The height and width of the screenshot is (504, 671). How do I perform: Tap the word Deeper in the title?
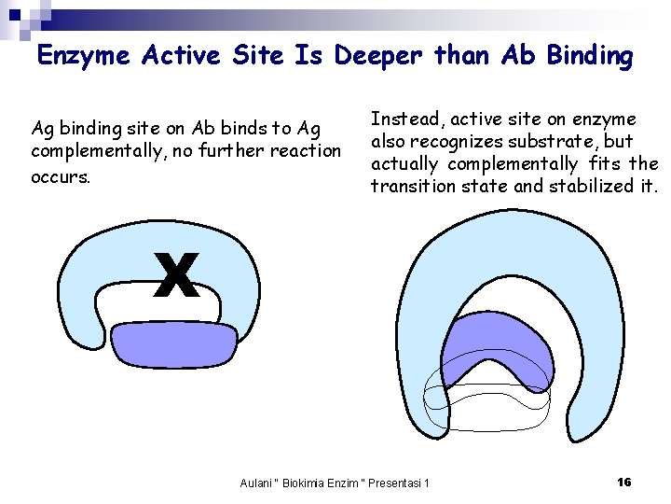(x=382, y=56)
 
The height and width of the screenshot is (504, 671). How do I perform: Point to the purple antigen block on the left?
(x=176, y=344)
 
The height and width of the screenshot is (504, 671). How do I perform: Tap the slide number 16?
(x=624, y=482)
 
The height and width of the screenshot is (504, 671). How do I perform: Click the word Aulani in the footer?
(x=257, y=483)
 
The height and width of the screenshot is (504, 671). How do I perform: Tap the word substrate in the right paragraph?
(x=545, y=142)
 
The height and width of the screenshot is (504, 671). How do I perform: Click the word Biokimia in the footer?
(x=316, y=483)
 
